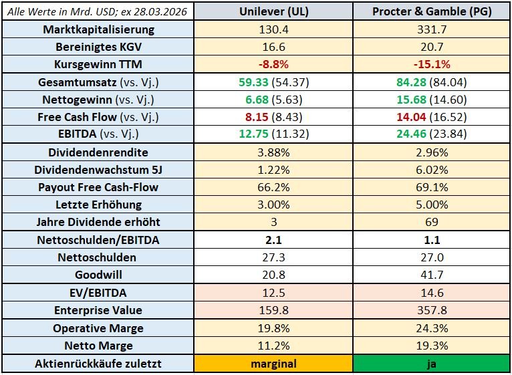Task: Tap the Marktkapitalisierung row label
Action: (x=98, y=29)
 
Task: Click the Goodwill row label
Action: (x=98, y=275)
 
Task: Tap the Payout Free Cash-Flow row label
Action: (x=98, y=187)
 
